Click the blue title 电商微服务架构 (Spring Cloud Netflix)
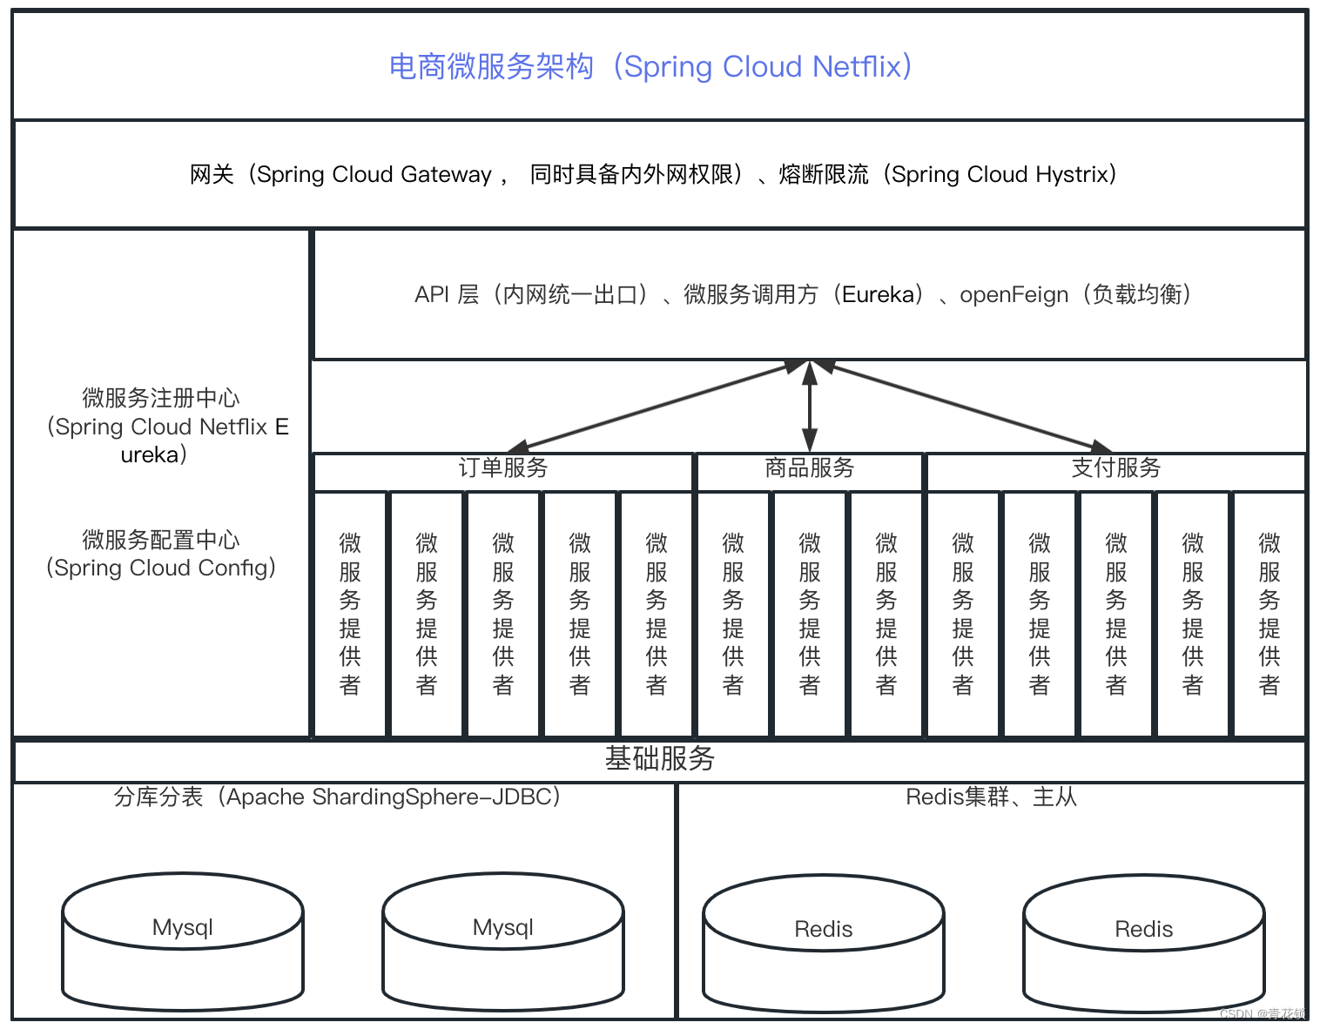[x=650, y=66]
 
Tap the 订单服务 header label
[x=503, y=468]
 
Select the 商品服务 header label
[x=810, y=468]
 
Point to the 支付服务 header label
[x=1116, y=468]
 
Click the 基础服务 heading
[x=659, y=759]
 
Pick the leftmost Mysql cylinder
[x=183, y=940]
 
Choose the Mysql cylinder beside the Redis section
[x=503, y=940]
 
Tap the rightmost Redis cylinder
[x=1144, y=942]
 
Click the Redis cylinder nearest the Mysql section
[x=824, y=942]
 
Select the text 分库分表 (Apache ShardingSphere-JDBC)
[x=337, y=797]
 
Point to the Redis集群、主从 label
[x=991, y=797]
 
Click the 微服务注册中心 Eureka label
[x=161, y=426]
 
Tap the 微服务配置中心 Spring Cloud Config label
[x=161, y=554]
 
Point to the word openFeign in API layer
[x=1014, y=295]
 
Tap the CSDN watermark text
[x=1263, y=1014]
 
